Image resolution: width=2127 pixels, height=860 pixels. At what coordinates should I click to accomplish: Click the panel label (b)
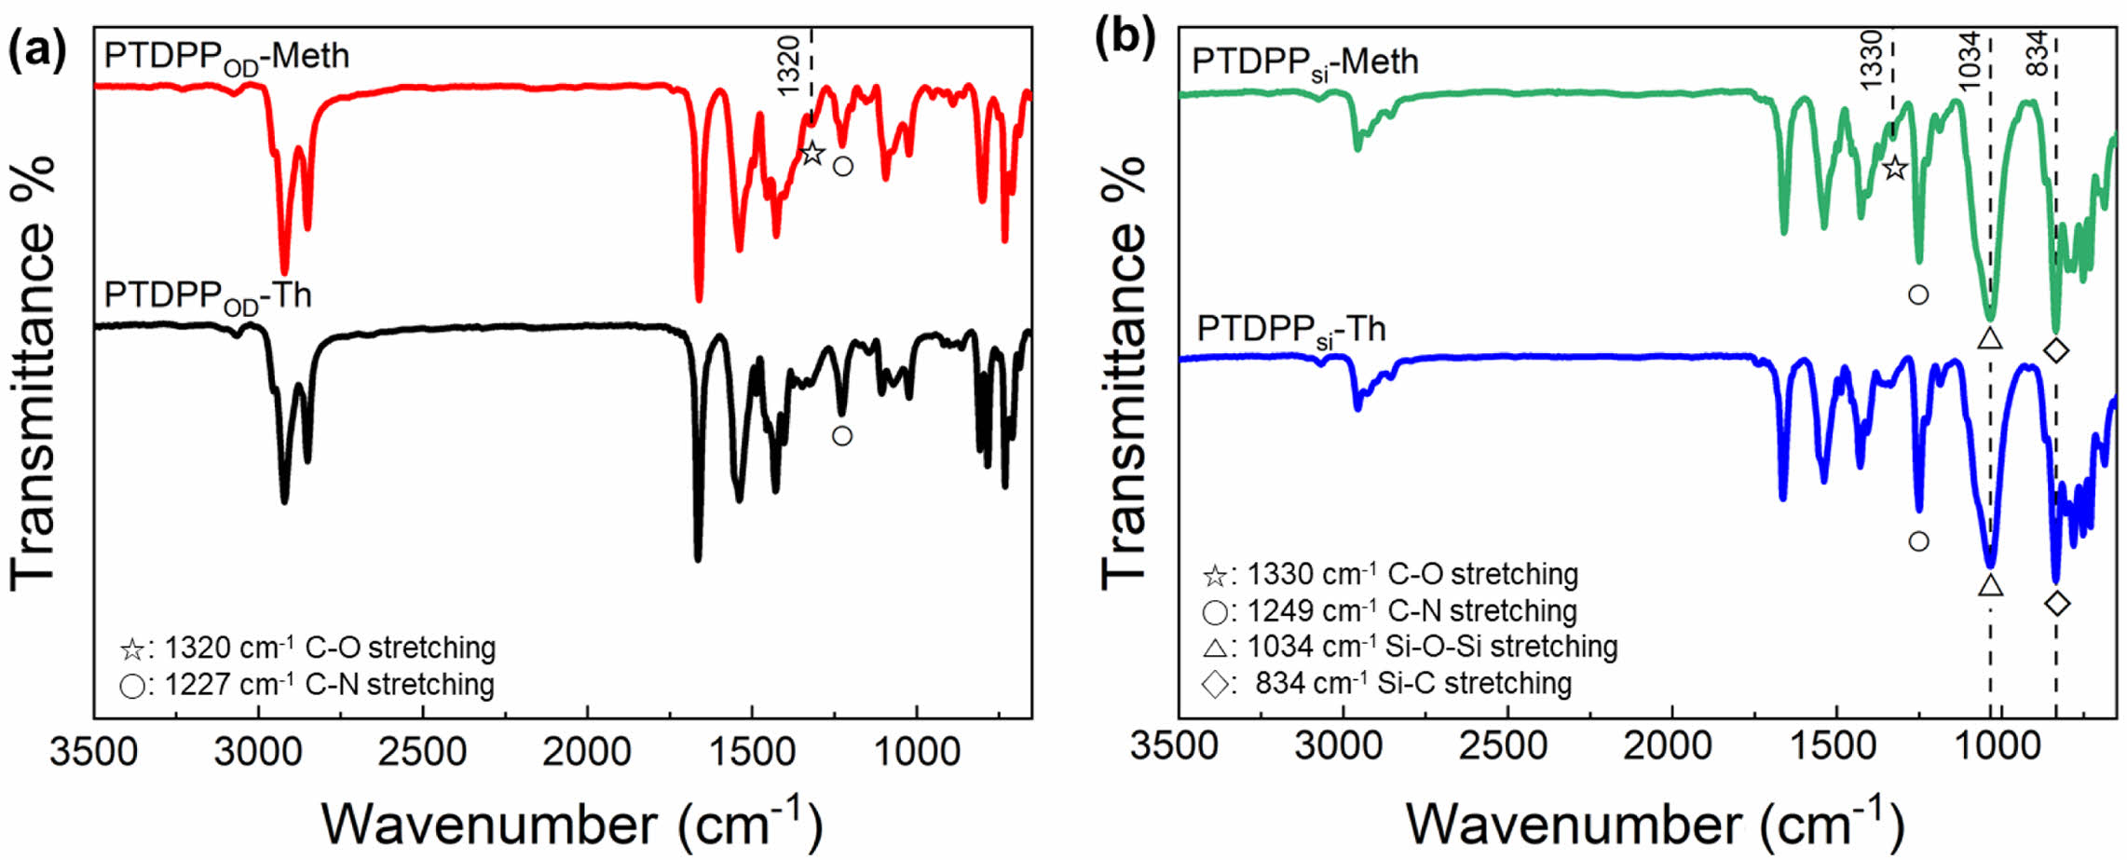coord(1125,40)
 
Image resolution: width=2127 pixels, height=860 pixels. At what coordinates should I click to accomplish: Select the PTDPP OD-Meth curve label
coord(226,58)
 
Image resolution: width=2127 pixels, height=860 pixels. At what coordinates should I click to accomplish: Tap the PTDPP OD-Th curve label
coord(207,296)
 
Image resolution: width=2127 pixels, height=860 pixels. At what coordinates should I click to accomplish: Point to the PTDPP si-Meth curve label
coord(1304,63)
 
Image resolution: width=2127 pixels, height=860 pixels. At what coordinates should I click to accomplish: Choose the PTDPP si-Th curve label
coord(1290,331)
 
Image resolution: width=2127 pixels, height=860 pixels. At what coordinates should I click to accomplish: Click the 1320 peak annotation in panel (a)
coord(789,65)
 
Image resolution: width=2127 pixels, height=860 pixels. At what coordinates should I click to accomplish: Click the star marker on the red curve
coord(812,153)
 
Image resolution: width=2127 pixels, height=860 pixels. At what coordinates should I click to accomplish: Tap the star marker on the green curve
coord(1893,169)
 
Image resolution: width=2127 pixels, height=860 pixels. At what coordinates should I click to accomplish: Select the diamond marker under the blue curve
coord(2057,603)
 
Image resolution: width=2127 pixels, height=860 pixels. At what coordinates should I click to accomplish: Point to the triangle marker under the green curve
coord(1989,337)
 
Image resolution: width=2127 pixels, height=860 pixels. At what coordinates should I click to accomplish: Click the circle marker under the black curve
coord(842,435)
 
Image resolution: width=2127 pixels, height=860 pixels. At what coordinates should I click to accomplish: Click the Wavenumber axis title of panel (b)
coord(1654,824)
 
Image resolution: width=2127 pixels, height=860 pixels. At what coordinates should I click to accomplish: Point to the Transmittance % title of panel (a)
coord(34,373)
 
